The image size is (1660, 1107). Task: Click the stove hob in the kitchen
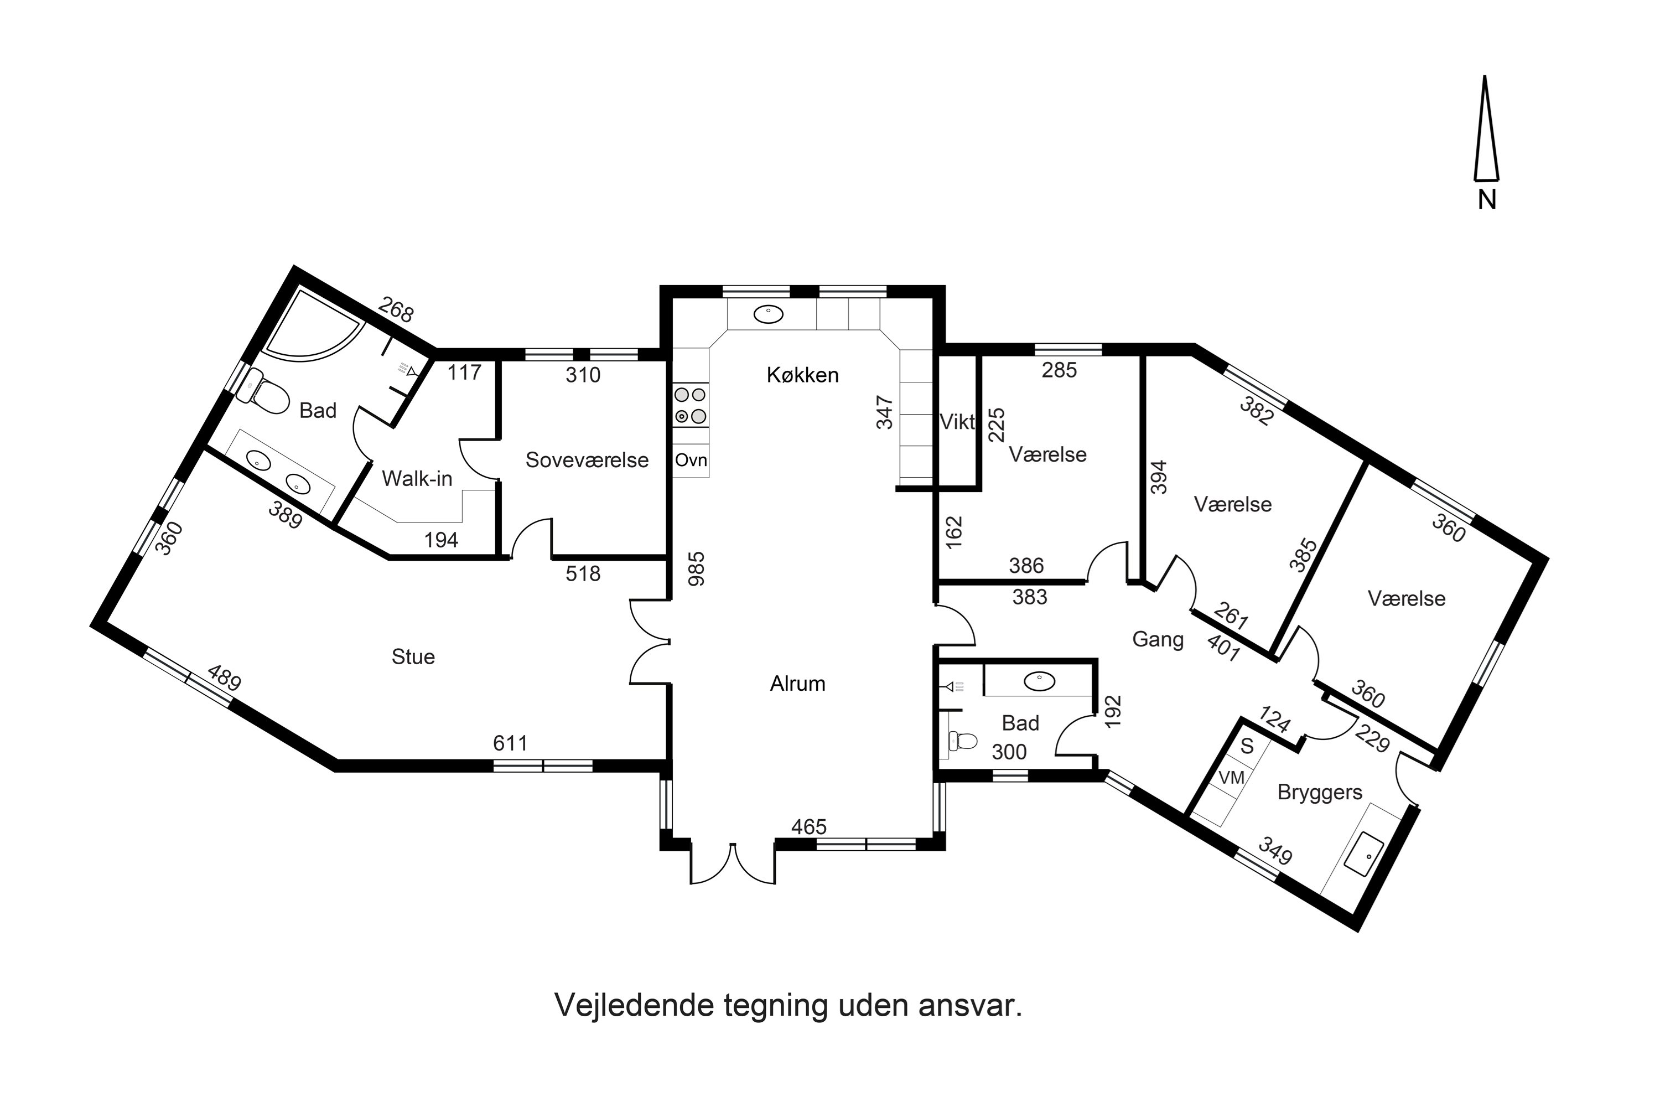(689, 406)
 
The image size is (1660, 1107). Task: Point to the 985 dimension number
(697, 569)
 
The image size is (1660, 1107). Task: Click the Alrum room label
(797, 684)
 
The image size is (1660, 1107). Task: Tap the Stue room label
(413, 656)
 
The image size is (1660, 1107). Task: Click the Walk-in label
(417, 479)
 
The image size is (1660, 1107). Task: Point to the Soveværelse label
(587, 461)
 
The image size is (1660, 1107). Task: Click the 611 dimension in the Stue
(510, 743)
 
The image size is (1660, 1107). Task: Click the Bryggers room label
(1319, 792)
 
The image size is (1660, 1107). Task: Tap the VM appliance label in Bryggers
(1232, 777)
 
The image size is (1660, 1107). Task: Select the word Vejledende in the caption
(634, 1005)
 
